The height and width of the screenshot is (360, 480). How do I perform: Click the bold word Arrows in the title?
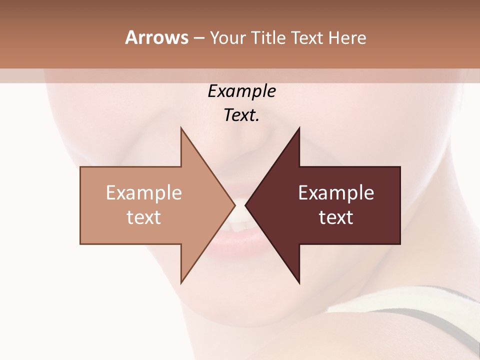point(156,37)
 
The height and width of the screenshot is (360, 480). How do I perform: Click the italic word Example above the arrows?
point(241,91)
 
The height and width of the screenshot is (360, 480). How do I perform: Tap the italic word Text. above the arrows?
point(241,115)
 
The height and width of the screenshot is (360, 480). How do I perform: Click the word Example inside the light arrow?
point(143,193)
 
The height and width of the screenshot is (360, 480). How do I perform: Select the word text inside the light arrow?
point(143,217)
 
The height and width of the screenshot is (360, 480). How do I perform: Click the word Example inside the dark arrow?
point(336,193)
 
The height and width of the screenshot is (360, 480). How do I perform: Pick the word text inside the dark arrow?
point(336,217)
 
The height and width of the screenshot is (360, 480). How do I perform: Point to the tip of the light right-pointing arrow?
point(234,205)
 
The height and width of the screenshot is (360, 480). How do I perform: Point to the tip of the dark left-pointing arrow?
point(245,205)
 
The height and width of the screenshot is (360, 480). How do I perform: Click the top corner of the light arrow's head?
point(181,128)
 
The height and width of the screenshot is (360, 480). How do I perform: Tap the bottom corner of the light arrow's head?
point(181,283)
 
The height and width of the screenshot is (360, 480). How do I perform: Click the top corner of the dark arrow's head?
point(299,128)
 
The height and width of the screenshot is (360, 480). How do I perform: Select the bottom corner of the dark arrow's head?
point(299,283)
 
